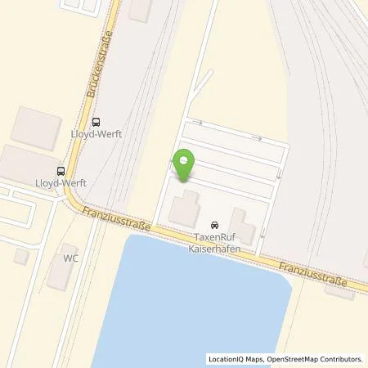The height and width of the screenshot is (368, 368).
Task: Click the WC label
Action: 71,256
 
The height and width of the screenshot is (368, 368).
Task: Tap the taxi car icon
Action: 213,225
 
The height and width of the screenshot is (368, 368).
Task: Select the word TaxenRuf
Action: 213,236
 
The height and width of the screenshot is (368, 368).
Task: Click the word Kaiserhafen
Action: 213,247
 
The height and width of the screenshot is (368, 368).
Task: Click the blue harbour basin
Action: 204,303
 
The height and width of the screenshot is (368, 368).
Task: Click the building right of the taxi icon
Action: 241,224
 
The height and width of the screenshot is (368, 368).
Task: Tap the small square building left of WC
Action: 22,256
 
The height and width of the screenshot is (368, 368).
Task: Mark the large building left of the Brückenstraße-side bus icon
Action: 37,127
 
